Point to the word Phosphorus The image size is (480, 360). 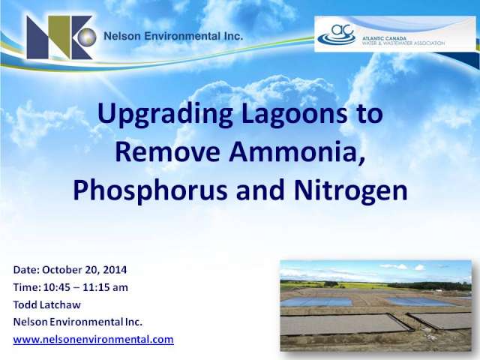[150, 190]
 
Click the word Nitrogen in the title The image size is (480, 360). [350, 190]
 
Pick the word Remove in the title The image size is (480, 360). [168, 151]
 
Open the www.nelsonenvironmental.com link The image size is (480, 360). [93, 340]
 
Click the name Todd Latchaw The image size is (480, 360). [46, 304]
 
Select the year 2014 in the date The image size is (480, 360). [115, 270]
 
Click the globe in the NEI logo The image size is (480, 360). [87, 37]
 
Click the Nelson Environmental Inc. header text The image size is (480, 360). [173, 36]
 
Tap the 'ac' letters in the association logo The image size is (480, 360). [343, 30]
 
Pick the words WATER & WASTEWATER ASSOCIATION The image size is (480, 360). [403, 43]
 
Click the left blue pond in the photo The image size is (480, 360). [316, 302]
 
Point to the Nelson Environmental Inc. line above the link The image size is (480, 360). [78, 322]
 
